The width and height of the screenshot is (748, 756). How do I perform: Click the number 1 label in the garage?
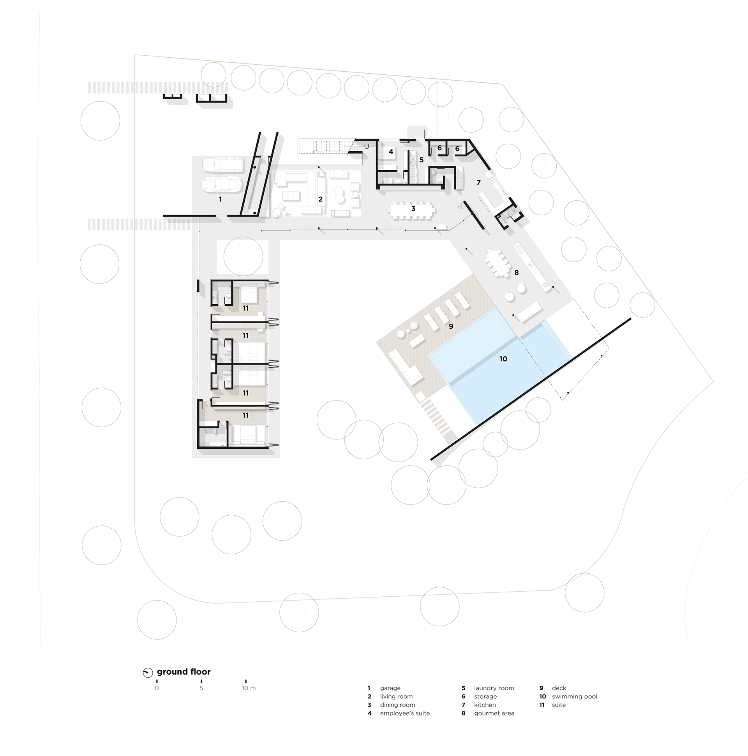pos(220,199)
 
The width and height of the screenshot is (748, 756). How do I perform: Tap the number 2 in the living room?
pos(320,199)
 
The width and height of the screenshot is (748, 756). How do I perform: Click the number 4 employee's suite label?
pos(391,152)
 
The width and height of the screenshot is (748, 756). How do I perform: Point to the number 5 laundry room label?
pos(422,160)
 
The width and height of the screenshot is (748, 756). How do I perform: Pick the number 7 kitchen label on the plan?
pos(478,182)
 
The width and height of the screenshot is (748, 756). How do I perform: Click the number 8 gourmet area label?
pos(517,272)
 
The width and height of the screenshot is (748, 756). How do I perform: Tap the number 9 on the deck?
pos(451,326)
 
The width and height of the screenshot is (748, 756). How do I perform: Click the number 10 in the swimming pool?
pos(503,358)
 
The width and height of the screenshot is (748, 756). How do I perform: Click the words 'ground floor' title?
pos(183,672)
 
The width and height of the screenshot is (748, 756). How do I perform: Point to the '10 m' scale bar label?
pos(249,688)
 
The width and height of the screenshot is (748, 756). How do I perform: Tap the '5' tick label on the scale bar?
pos(201,688)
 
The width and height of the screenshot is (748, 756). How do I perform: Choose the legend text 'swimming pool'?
pos(574,696)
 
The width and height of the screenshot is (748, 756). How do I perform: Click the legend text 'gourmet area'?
pos(494,713)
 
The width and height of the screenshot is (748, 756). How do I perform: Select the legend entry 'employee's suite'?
pos(405,713)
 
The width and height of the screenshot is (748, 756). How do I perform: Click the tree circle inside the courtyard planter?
pos(243,257)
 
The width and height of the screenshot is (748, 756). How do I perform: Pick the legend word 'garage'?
pos(390,688)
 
